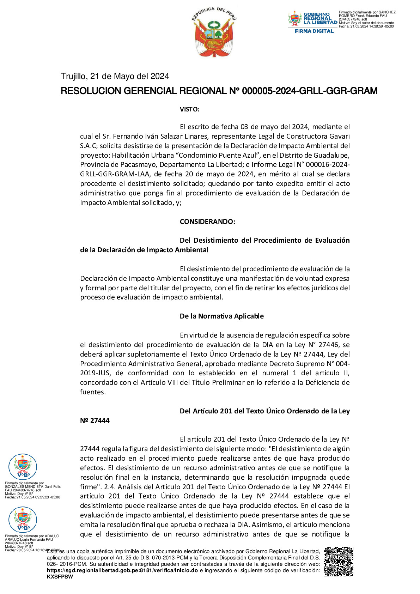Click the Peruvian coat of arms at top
(214, 32)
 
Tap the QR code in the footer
(338, 561)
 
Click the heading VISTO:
(189, 109)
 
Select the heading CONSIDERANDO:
(207, 222)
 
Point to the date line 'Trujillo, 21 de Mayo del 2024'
(115, 76)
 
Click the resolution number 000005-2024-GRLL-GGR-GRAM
(309, 91)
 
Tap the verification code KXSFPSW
(60, 577)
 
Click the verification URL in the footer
(122, 570)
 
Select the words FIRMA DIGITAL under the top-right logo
(314, 31)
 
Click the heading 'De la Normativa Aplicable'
(221, 316)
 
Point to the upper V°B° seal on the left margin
(23, 467)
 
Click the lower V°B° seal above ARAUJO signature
(23, 520)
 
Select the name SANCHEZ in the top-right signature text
(387, 12)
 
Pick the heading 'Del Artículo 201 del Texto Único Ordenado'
(264, 411)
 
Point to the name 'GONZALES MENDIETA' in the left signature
(24, 487)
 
